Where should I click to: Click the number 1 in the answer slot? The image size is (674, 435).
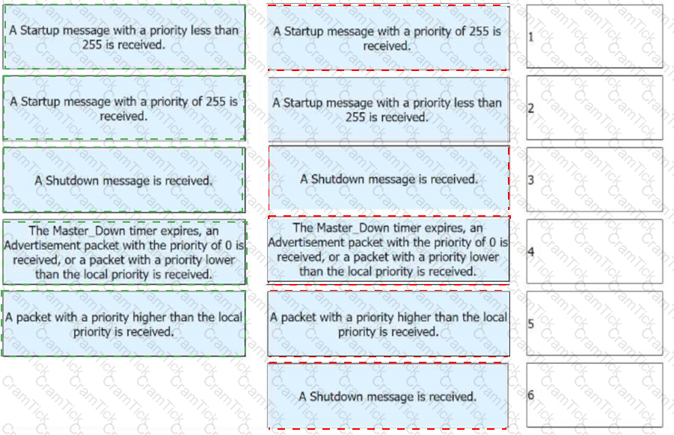(531, 37)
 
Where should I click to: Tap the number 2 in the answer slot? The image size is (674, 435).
(531, 108)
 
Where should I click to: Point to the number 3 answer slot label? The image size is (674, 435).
(531, 179)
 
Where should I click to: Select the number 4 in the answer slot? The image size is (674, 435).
(531, 251)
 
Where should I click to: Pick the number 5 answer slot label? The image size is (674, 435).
(531, 324)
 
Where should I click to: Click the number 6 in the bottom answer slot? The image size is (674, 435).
(531, 395)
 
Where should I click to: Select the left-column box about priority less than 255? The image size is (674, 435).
(124, 37)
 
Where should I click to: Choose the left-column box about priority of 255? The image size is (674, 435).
(124, 108)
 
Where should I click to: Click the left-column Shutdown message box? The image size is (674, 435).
(124, 180)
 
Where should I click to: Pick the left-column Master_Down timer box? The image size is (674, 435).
(125, 252)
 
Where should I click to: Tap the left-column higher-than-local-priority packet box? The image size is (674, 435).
(123, 324)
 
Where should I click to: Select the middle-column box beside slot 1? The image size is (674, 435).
(388, 38)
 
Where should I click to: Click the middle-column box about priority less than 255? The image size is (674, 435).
(388, 110)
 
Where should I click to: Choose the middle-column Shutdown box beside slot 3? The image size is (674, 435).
(389, 179)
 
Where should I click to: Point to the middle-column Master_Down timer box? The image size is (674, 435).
(388, 250)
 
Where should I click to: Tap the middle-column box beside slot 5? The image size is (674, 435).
(388, 324)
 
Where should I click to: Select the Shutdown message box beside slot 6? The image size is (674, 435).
(388, 396)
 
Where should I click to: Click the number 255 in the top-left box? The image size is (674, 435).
(92, 45)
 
